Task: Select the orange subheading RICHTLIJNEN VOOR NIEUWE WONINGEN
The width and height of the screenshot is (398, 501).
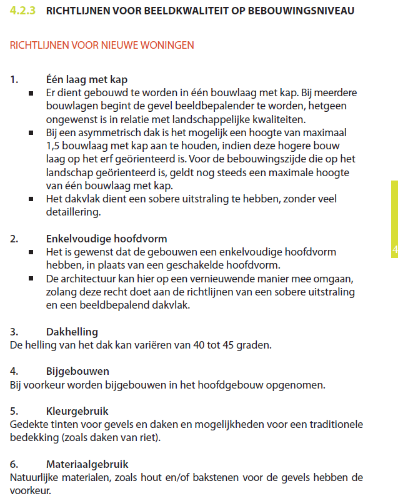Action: point(102,46)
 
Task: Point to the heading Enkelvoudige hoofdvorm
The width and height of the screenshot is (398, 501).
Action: point(107,239)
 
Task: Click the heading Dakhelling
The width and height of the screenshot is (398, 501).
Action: point(72,332)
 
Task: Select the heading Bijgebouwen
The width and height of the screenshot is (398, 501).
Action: point(78,372)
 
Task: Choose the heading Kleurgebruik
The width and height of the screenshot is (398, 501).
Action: point(77,412)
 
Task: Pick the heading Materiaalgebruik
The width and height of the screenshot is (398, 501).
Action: point(87,465)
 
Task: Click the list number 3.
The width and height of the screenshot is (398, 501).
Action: point(14,332)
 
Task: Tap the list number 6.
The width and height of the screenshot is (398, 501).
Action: point(14,465)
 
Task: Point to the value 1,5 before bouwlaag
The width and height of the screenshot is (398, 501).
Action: point(54,146)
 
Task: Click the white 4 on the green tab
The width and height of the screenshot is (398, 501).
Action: point(394,250)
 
